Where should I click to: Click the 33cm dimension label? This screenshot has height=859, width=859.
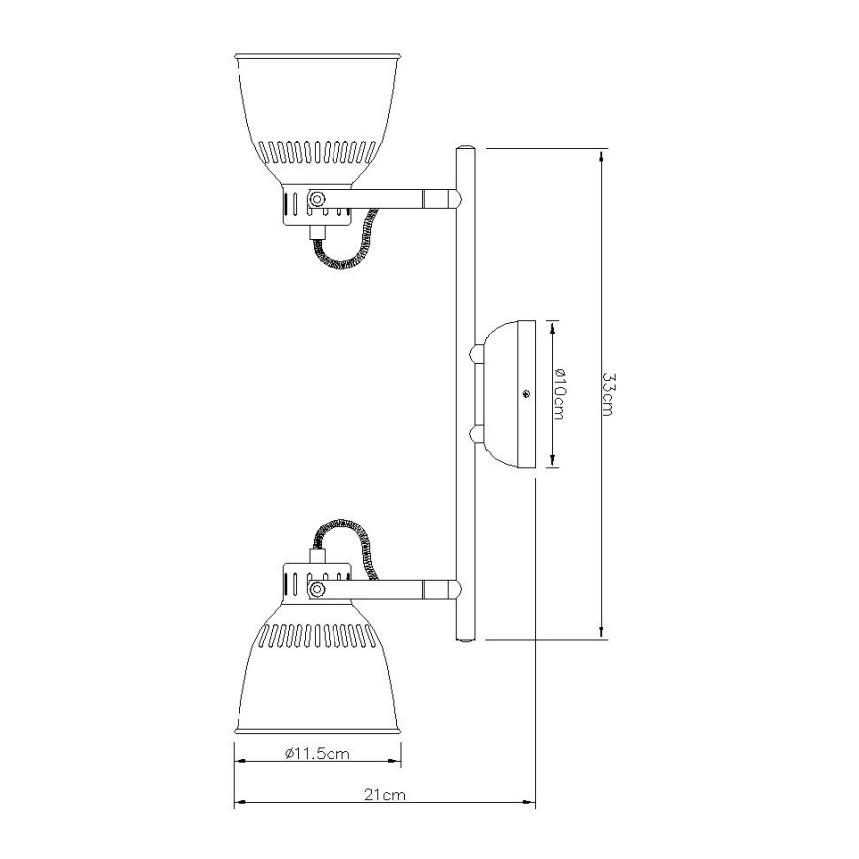point(608,394)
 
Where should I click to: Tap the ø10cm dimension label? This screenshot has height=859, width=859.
point(558,394)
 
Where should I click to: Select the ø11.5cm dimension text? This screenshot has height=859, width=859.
point(318,754)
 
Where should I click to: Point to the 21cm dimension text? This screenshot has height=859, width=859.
point(385,795)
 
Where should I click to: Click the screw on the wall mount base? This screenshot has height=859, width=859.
point(526,393)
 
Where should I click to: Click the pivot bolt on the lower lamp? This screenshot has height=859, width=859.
point(316,590)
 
